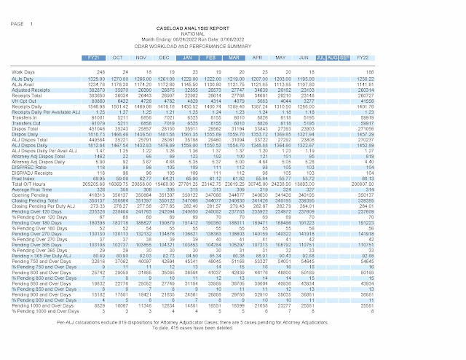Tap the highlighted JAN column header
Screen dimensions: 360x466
[x=187, y=56]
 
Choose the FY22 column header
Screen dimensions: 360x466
[x=362, y=56]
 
